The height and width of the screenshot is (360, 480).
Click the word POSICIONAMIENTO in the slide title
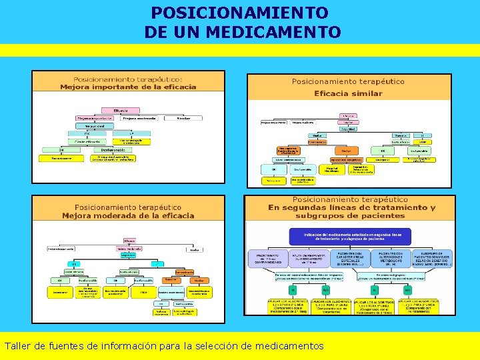pos(239,13)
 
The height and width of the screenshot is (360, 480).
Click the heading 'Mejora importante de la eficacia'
pos(128,87)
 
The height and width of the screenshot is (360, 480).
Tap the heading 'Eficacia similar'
pos(348,93)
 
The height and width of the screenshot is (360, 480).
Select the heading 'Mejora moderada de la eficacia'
pos(128,215)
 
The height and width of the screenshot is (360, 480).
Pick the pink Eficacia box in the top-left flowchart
pos(121,110)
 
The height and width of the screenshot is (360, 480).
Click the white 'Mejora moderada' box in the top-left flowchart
pos(141,118)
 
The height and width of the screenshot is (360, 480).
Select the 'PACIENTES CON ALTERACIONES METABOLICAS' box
pos(390,259)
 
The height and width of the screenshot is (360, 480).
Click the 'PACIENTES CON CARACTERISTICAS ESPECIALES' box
pos(349,259)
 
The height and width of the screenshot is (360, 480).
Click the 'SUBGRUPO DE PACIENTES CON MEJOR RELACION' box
pos(432,259)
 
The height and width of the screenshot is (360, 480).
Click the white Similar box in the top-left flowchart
pos(183,118)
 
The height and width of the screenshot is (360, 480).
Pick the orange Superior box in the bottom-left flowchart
pos(169,280)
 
